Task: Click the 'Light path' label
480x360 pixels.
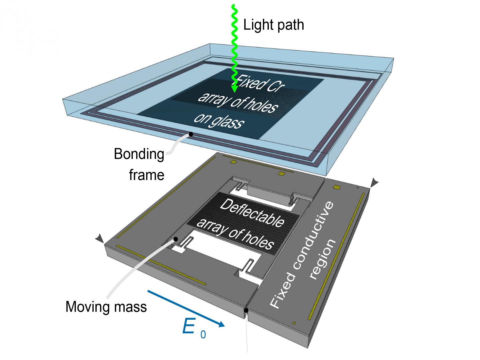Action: pos(274,25)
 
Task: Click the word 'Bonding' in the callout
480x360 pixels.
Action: pos(139,154)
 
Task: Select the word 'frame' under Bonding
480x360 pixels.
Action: pos(147,175)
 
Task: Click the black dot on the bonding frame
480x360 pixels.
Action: pos(191,134)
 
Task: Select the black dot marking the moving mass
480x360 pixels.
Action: pos(176,239)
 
